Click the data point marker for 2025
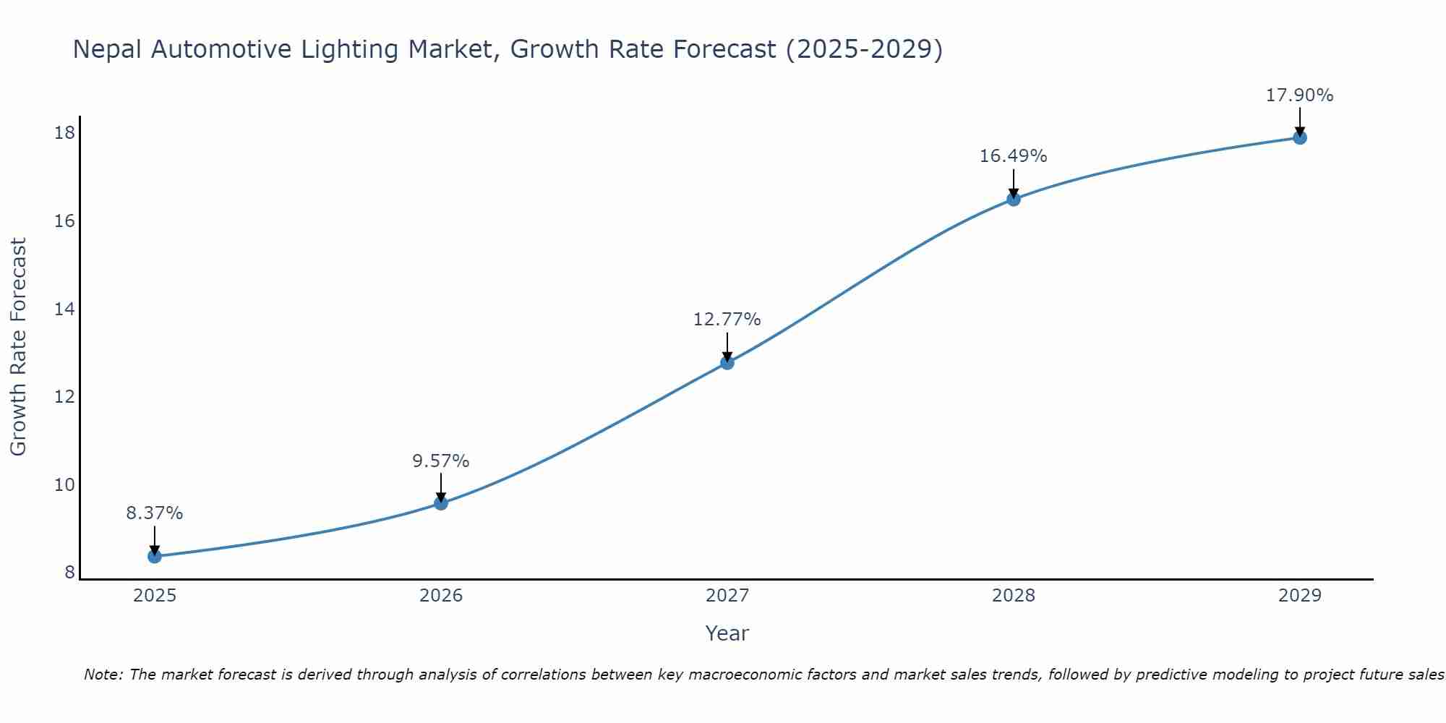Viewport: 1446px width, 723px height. [155, 556]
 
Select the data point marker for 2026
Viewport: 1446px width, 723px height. [441, 503]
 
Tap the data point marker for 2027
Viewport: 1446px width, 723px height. [727, 362]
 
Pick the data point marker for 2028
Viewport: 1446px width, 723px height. [1014, 199]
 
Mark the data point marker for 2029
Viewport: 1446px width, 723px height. [1300, 137]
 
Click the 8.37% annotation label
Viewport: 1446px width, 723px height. [155, 513]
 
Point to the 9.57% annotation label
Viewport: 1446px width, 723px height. [441, 461]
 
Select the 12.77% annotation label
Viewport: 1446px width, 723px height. [727, 320]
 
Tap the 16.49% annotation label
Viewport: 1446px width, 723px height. [1014, 156]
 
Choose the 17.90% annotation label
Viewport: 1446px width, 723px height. [1300, 95]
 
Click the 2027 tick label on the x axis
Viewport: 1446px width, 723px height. [727, 596]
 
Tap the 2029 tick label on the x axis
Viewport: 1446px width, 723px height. [1300, 596]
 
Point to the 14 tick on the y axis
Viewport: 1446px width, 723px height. [64, 309]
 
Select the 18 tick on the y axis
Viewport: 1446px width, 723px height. [64, 133]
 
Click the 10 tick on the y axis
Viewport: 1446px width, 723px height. [64, 485]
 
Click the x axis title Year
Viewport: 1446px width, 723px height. [727, 633]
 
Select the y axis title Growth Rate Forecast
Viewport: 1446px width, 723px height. [18, 347]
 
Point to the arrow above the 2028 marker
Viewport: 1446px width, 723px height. [1014, 184]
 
